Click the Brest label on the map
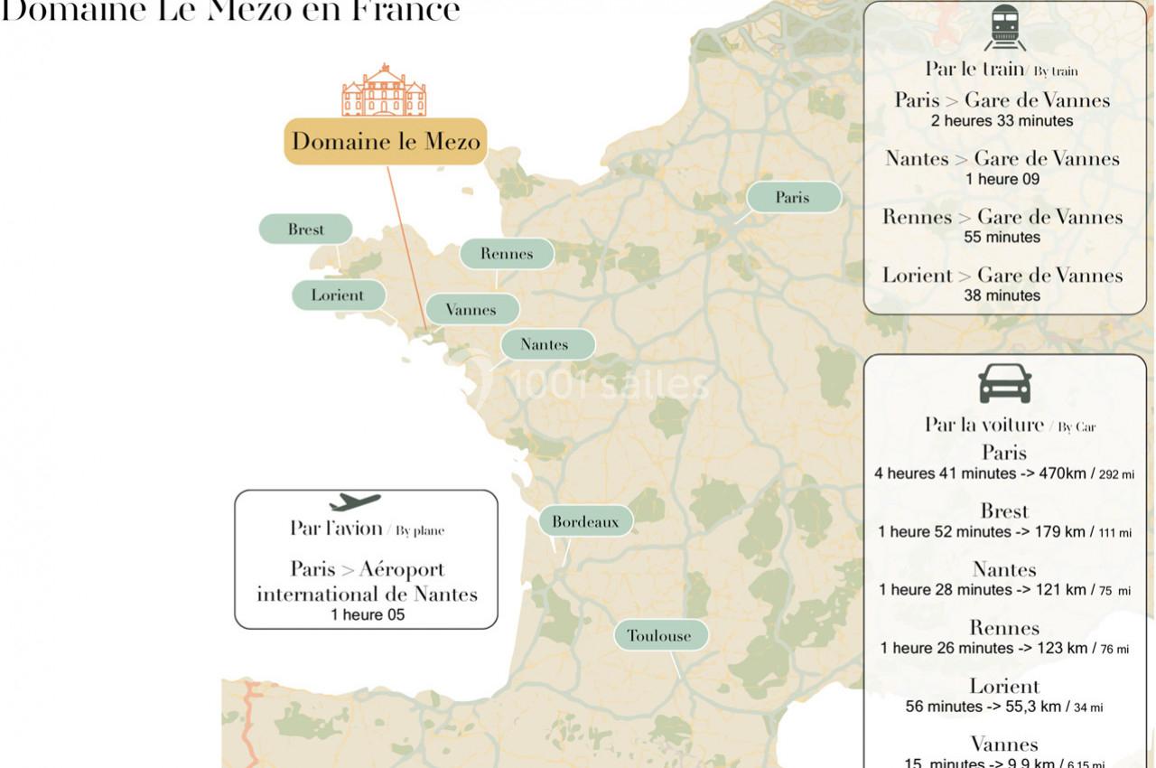pyautogui.click(x=305, y=229)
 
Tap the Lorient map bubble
pyautogui.click(x=338, y=295)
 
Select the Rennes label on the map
pyautogui.click(x=507, y=254)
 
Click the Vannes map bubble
pyautogui.click(x=471, y=310)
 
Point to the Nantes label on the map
pyautogui.click(x=545, y=344)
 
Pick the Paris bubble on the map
pyautogui.click(x=793, y=197)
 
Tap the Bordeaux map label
pyautogui.click(x=585, y=521)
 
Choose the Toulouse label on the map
pyautogui.click(x=659, y=635)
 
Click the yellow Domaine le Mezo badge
pyautogui.click(x=386, y=141)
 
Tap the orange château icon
pyautogui.click(x=384, y=90)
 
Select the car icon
pyautogui.click(x=1004, y=384)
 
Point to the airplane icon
pyautogui.click(x=355, y=501)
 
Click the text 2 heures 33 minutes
pyautogui.click(x=1002, y=121)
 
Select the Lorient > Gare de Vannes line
pyautogui.click(x=1002, y=276)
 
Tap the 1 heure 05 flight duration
pyautogui.click(x=368, y=615)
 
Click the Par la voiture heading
pyautogui.click(x=984, y=425)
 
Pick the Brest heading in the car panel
pyautogui.click(x=1004, y=511)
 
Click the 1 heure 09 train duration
pyautogui.click(x=1002, y=179)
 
